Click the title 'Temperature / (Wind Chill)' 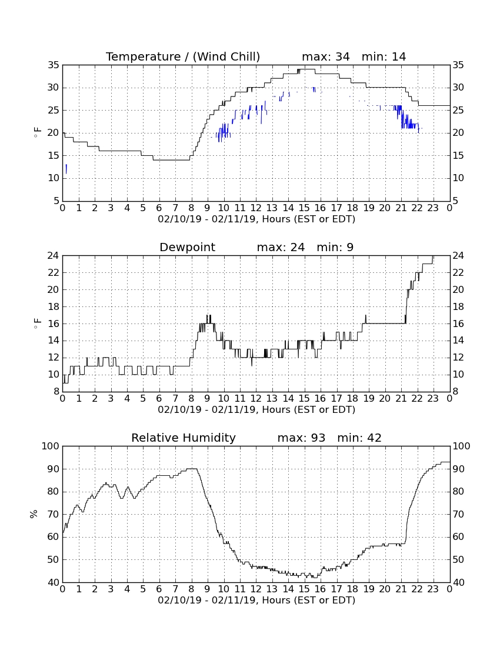coord(183,56)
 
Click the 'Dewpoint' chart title coord(187,247)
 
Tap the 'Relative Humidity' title coord(183,438)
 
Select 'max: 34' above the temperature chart coord(326,56)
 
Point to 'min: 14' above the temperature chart coord(384,56)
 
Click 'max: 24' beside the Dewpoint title coord(281,247)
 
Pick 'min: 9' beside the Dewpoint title coord(335,247)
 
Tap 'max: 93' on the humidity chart coord(302,438)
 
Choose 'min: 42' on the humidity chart coord(359,438)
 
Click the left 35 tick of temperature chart coord(54,65)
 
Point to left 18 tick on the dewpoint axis coord(54,306)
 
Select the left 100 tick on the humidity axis coord(51,446)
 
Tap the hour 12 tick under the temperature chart coord(256,208)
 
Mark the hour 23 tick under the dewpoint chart coord(433,399)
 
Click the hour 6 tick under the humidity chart coord(159,589)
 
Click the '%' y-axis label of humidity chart coord(34,514)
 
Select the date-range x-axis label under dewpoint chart coord(256,410)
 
